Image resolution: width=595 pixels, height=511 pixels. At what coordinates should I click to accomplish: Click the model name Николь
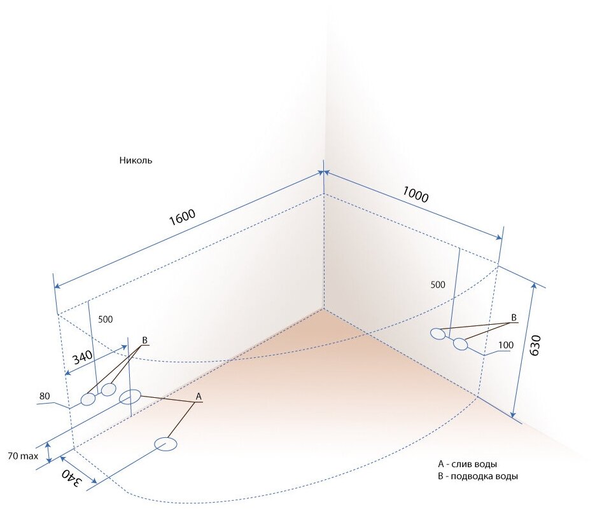(x=136, y=161)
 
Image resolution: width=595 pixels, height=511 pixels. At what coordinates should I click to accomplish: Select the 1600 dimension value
(x=183, y=218)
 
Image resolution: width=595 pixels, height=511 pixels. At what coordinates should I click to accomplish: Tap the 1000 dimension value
(x=415, y=193)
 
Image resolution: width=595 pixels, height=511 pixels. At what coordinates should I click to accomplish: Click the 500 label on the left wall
(x=106, y=319)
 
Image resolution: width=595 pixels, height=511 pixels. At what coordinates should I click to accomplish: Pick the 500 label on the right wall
(x=438, y=285)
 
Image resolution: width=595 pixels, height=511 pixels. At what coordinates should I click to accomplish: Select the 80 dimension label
(x=45, y=397)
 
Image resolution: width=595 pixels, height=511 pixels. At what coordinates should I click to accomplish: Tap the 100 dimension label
(x=507, y=345)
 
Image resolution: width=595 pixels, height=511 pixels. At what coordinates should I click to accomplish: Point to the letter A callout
(x=199, y=397)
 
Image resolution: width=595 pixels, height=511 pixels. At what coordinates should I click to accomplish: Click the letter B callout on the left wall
(x=144, y=341)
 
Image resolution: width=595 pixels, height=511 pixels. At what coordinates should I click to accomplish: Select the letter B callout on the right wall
(x=514, y=317)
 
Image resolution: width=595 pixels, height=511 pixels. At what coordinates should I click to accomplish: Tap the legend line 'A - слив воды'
(x=468, y=464)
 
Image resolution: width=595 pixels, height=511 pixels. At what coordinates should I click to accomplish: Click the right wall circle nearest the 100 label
(x=460, y=344)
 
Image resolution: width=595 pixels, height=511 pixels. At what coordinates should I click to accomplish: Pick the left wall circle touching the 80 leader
(x=88, y=400)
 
